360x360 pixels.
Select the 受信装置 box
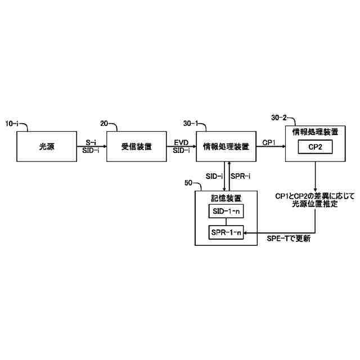point(137,147)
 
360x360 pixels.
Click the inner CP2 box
point(314,146)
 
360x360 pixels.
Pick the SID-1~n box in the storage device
point(226,211)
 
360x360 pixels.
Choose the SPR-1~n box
point(226,232)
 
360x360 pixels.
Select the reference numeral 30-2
point(280,118)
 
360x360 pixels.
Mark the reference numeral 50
point(188,183)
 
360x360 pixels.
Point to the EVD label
point(181,143)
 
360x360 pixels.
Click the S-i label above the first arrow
point(91,143)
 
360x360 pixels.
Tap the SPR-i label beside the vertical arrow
point(241,176)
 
